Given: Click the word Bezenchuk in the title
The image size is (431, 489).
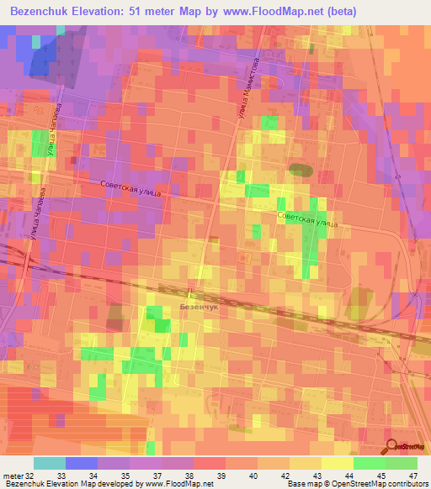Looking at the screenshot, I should pos(41,12).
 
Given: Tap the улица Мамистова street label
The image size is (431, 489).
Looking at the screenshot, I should pos(248,92).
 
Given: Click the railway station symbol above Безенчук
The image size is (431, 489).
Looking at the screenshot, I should pos(190,293).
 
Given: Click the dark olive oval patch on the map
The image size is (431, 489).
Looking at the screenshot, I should pos(300,170).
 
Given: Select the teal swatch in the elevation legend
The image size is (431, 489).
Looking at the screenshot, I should pos(50,463).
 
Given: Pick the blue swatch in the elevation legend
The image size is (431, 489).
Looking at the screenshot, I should pos(82,463).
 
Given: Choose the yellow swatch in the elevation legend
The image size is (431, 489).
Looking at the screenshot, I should pos(338,463).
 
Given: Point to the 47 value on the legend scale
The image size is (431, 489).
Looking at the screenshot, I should pos(412,475).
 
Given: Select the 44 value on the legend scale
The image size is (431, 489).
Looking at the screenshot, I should pos(349,475).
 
